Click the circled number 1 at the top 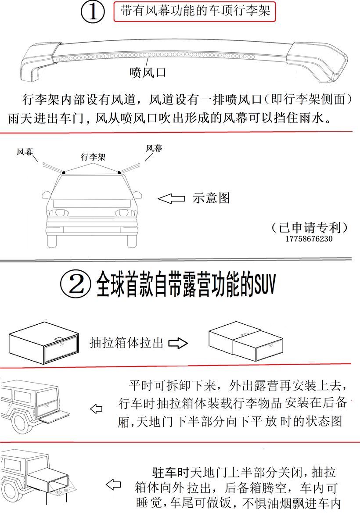point(93,12)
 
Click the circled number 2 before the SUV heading point(76,284)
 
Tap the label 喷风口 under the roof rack point(148,73)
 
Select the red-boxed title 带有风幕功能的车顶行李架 point(195,11)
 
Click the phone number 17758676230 point(309,239)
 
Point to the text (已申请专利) point(310,227)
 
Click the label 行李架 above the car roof point(93,157)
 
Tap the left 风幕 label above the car point(25,152)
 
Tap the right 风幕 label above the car point(154,148)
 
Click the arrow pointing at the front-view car point(171,199)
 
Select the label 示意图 point(211,198)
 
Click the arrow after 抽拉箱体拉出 point(178,343)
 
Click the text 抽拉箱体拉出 point(126,343)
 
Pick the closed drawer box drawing point(43,343)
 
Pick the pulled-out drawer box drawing point(246,341)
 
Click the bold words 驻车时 point(171,472)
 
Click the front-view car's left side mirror point(46,195)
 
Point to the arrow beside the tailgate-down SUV point(96,409)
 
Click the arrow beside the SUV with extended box point(113,484)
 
